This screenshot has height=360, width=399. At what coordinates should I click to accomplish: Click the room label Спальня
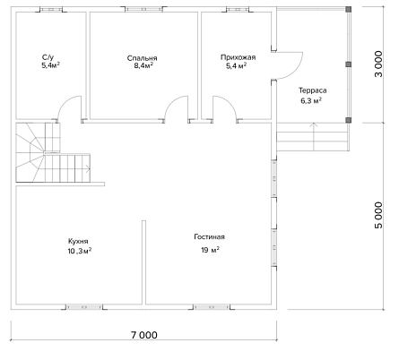click(142, 58)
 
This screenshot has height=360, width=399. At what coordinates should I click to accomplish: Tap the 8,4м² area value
click(143, 65)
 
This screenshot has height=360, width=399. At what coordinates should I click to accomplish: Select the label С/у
click(48, 57)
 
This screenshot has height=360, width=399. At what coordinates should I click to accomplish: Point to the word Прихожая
click(239, 57)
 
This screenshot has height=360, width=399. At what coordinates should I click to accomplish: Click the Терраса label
click(313, 90)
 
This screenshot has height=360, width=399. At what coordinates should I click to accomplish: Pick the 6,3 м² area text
click(311, 100)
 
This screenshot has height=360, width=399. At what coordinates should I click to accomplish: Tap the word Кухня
click(78, 241)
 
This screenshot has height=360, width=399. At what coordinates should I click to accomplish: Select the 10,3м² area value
click(80, 251)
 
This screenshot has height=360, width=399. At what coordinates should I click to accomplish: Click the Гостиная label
click(209, 237)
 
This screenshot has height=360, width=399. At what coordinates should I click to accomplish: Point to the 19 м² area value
click(211, 250)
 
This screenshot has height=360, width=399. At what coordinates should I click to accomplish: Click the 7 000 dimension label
click(144, 335)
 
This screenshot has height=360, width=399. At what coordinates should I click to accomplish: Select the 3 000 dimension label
click(378, 64)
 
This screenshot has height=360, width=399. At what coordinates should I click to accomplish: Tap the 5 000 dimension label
click(378, 215)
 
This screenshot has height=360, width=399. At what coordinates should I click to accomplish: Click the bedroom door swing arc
click(172, 100)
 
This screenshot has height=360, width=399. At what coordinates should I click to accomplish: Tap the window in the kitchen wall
click(84, 307)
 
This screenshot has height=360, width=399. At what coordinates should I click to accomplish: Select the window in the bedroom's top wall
click(143, 9)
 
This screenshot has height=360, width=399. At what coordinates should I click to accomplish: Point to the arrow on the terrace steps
click(314, 137)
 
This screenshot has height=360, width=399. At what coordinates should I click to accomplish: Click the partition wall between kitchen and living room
click(143, 262)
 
